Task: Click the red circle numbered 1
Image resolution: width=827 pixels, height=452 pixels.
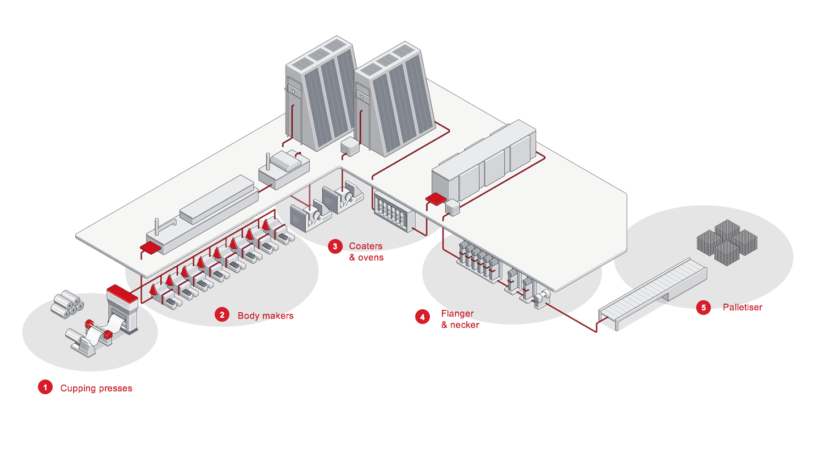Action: point(45,387)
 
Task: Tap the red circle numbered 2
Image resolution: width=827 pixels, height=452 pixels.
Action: point(222,315)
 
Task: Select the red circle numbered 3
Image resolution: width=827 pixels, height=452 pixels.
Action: point(335,246)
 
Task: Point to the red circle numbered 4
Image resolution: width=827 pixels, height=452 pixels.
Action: point(423,317)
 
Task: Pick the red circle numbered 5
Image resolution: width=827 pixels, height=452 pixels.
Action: point(704,308)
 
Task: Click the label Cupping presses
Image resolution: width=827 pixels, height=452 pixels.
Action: point(96,389)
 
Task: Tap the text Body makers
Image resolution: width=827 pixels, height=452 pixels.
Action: point(266,315)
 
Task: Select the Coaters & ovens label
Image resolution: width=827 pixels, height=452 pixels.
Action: point(366,252)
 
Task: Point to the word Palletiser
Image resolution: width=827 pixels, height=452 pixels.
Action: point(743,308)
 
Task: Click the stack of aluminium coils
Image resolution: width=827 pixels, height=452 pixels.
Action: point(67,303)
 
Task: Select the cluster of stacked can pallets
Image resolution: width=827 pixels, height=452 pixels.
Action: point(727,242)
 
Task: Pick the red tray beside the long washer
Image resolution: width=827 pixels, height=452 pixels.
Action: point(151,248)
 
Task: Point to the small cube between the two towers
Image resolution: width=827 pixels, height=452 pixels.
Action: point(350,147)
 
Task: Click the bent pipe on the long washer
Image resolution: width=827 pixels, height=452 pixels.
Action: point(162,225)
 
